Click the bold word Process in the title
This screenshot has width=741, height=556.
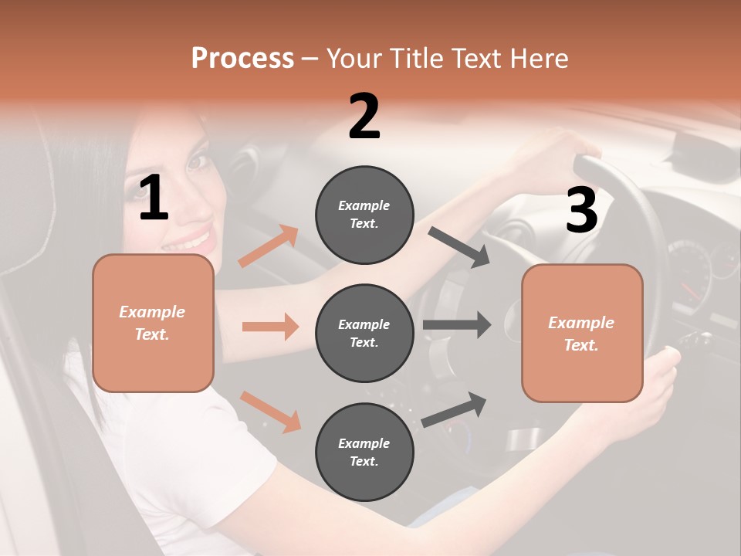(x=242, y=58)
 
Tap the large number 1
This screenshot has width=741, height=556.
(x=154, y=198)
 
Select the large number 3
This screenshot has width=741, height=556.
(x=581, y=211)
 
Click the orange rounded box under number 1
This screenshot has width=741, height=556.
(x=153, y=323)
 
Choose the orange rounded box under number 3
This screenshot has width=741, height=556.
(x=582, y=333)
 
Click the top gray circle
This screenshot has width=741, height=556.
(x=364, y=215)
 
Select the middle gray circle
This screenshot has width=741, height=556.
(x=364, y=333)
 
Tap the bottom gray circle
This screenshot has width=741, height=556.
(x=364, y=452)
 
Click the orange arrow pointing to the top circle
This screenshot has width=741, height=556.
(x=269, y=246)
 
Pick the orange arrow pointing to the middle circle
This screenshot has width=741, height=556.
(x=270, y=327)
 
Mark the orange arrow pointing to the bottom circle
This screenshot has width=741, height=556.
(x=270, y=411)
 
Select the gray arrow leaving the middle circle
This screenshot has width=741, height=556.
(x=457, y=324)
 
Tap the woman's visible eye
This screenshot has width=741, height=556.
(x=199, y=161)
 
